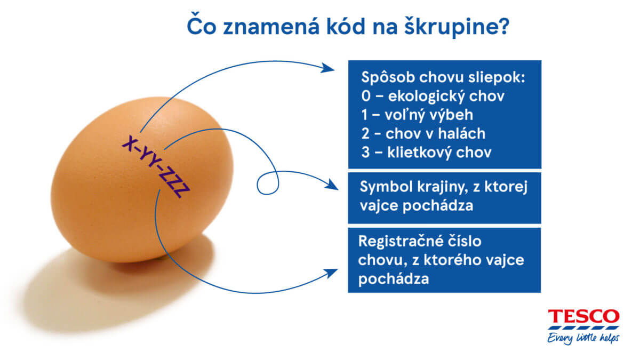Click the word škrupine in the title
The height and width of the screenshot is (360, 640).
coord(457,27)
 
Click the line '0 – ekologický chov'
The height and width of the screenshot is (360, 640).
coord(433,96)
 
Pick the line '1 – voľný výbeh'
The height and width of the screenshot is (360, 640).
coord(417,115)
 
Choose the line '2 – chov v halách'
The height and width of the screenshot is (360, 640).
coord(423,133)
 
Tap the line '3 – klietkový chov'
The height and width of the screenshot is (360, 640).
coord(426,152)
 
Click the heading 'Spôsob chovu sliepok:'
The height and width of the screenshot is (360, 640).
coord(443,77)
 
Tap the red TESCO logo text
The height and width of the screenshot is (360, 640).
coord(583,316)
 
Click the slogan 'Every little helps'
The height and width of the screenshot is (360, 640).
coord(583,338)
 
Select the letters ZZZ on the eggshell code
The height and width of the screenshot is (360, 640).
coord(174,182)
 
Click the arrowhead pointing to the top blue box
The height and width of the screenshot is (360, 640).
coord(327,68)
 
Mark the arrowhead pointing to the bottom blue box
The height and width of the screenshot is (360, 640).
coord(331,273)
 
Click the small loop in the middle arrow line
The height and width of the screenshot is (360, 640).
coord(268,183)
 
